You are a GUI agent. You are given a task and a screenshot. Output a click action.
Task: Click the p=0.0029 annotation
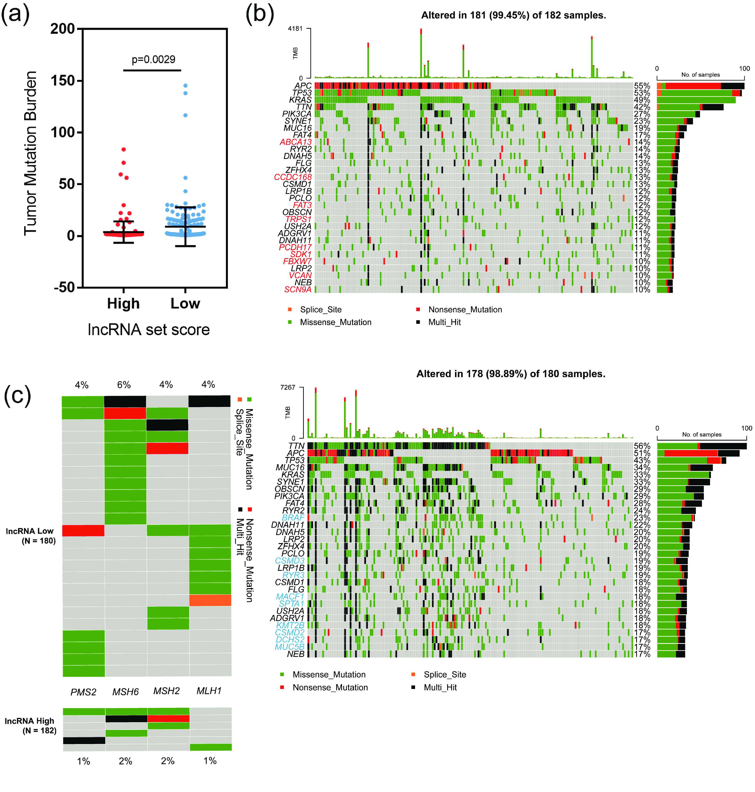pos(153,59)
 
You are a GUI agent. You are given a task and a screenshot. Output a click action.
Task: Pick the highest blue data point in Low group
pos(186,86)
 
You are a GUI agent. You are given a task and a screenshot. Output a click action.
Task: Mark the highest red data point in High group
pos(124,150)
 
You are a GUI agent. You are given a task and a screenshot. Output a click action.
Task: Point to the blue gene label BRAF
pos(293,518)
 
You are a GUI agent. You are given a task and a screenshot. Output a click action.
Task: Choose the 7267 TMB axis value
pos(288,387)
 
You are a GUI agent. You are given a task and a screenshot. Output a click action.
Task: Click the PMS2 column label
pos(83,692)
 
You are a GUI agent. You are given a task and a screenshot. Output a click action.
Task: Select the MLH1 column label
pos(209,691)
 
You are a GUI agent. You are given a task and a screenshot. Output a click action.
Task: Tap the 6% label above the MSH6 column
pos(124,385)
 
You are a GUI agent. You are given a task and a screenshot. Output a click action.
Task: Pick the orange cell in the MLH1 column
pos(210,600)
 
